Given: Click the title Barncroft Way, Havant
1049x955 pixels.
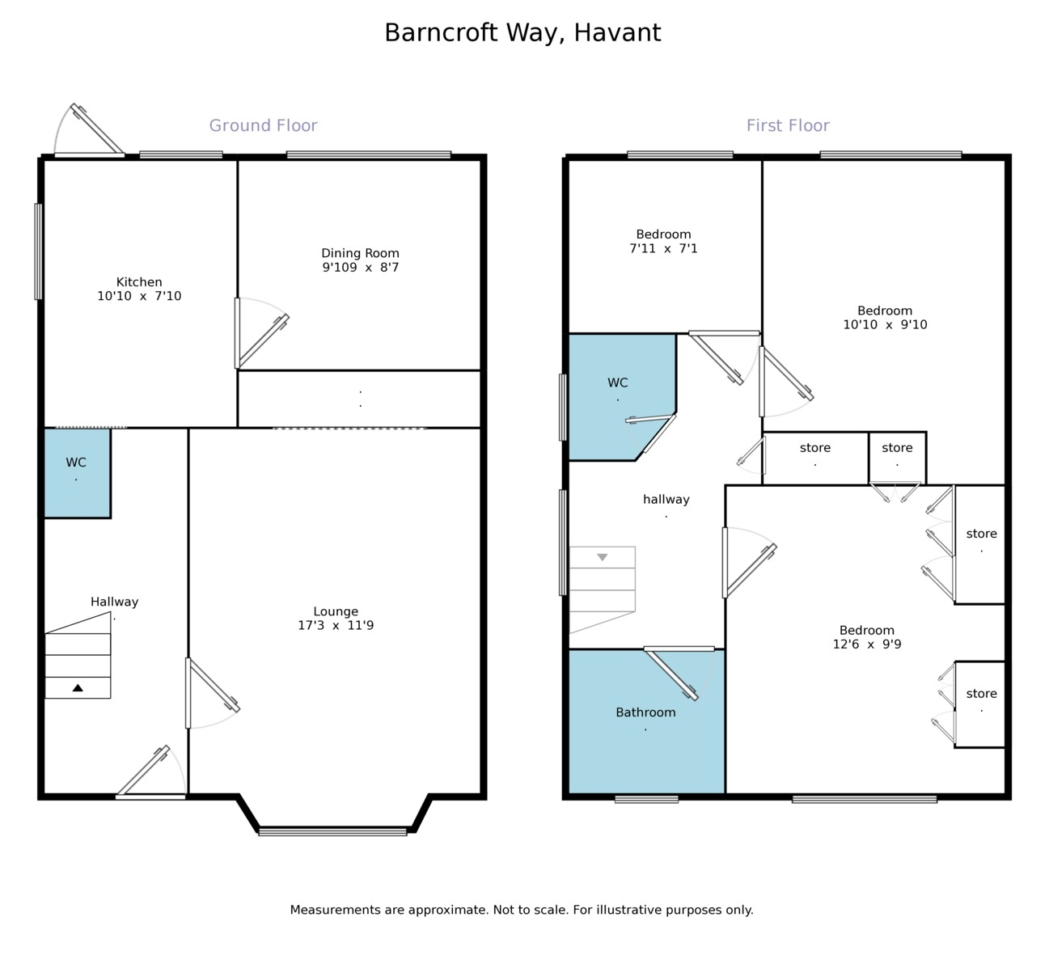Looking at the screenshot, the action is pos(522,32).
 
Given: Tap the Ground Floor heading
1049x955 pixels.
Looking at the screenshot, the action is pos(263,125).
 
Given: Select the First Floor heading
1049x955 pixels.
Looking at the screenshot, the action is pos(787,125).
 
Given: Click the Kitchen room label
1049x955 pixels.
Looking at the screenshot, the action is pos(139,282).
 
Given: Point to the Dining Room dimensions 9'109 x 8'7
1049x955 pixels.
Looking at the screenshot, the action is pos(360,268).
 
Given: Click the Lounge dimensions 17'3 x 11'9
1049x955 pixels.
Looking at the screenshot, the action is pos(336,625).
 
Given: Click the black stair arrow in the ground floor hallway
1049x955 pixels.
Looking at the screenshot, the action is pos(78,687).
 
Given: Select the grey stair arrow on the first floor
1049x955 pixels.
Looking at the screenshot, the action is pos(602,557).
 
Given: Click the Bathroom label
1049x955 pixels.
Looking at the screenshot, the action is pos(645,712).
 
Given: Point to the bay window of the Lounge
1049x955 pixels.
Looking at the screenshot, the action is pos(332,831).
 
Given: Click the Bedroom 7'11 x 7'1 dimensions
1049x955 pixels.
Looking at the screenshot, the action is pos(663,249).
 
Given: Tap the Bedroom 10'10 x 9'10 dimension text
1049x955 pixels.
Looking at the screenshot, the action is pos(885,325).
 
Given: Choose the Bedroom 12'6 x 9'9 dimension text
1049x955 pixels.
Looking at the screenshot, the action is pos(867,644).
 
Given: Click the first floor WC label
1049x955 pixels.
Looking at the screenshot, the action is pos(617,382).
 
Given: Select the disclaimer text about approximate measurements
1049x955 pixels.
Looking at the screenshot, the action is pos(522,910).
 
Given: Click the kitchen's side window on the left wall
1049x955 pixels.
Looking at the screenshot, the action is pos(38,251).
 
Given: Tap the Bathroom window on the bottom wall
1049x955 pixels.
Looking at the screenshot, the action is pos(646,799).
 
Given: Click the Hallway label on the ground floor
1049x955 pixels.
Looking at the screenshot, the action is pos(114,602).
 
